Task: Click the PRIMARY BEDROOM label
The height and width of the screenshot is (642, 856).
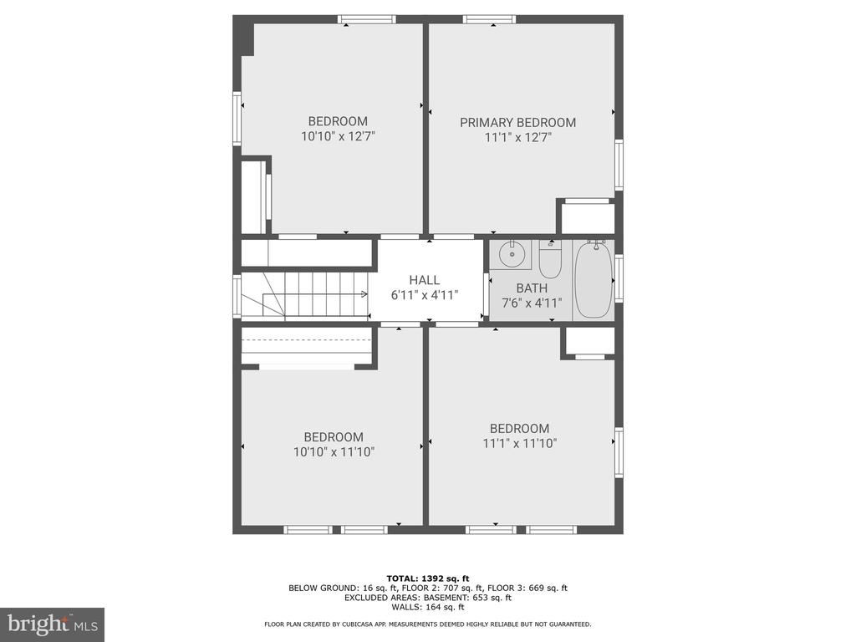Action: [517, 122]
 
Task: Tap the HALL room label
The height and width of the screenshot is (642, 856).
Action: [424, 280]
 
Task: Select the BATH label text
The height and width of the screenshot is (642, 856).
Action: [532, 288]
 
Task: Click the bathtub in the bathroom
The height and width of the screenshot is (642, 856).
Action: [594, 280]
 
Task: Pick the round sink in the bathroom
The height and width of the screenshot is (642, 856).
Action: [512, 253]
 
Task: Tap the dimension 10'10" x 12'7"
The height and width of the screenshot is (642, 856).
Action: [338, 136]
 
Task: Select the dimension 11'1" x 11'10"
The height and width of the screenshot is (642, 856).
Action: [519, 443]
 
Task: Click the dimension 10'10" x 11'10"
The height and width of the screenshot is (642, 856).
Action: [334, 452]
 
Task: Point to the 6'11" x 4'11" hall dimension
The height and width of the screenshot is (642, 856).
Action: [424, 295]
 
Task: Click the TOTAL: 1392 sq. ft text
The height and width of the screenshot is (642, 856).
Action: [428, 578]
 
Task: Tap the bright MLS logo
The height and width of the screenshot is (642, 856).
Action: [53, 624]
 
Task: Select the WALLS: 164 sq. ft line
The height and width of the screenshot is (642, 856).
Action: [428, 607]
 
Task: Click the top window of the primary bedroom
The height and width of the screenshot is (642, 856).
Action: [490, 20]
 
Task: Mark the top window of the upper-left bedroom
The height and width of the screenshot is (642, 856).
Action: [367, 20]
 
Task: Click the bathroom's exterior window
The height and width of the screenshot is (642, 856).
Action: [619, 278]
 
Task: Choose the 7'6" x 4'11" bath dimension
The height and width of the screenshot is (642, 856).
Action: [532, 303]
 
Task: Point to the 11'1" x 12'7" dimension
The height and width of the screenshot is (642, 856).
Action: [518, 137]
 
